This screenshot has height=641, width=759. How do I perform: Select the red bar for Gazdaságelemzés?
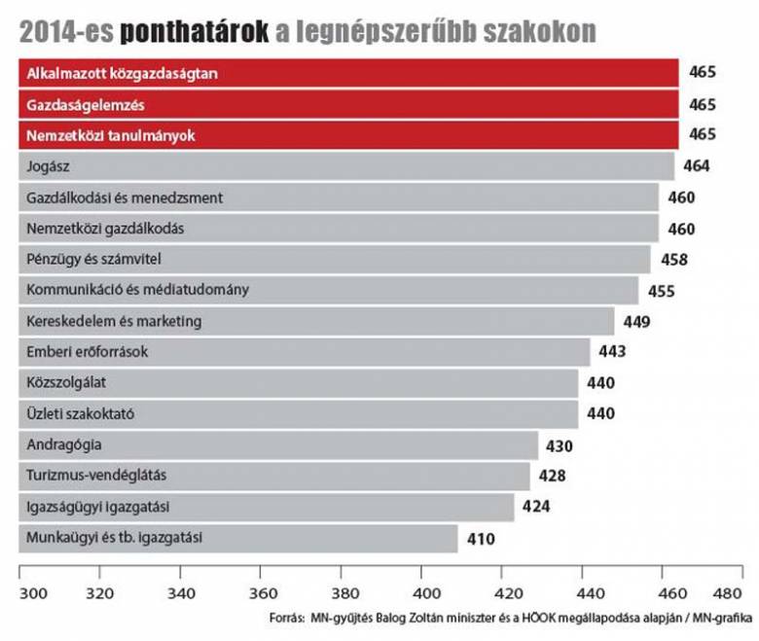(389, 104)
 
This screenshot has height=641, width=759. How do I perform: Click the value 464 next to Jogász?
(696, 166)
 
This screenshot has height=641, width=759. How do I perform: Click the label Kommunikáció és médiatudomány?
(138, 290)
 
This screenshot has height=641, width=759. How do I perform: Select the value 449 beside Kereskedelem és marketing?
(636, 322)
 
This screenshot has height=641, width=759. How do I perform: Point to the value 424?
(536, 507)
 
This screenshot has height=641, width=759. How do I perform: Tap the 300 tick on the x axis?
(32, 592)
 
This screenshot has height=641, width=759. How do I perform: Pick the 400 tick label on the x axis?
(421, 592)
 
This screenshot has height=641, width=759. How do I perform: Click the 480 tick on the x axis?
(727, 592)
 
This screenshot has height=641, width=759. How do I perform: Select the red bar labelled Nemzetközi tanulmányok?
(389, 135)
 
